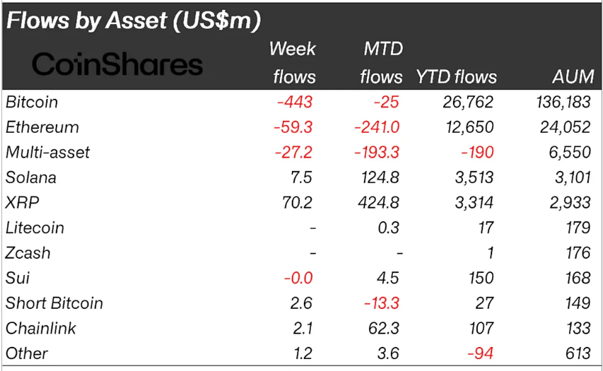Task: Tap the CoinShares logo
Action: [x=117, y=65]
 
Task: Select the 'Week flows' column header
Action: [x=293, y=63]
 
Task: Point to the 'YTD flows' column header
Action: [x=456, y=77]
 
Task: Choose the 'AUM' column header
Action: [x=573, y=77]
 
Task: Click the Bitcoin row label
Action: [x=32, y=102]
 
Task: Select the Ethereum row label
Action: [x=42, y=128]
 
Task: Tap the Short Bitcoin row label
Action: [x=54, y=303]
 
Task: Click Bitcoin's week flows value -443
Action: [x=294, y=102]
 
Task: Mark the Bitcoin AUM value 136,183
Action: [x=563, y=102]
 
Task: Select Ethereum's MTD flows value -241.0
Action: [x=377, y=128]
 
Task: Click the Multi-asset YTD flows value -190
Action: [x=477, y=153]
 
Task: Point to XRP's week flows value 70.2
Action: [x=297, y=203]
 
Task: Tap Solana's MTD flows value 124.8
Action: [x=379, y=178]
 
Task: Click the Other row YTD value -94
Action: [x=481, y=353]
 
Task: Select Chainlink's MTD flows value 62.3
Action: [x=384, y=329]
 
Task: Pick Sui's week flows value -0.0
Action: [x=297, y=278]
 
